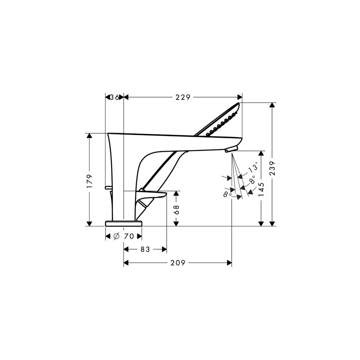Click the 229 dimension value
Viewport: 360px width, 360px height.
[183, 97]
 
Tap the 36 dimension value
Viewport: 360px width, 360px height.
[114, 97]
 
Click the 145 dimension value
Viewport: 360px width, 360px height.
[261, 189]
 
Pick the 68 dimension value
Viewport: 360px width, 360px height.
[176, 209]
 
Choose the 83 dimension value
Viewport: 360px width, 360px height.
[145, 249]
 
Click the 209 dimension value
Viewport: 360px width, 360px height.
[178, 263]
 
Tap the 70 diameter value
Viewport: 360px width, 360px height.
[129, 236]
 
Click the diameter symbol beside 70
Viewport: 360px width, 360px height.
[116, 236]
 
